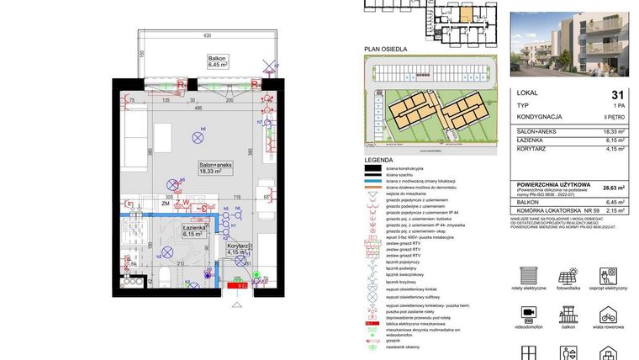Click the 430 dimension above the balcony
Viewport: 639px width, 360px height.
click(205, 36)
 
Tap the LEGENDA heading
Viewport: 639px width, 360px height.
click(378, 159)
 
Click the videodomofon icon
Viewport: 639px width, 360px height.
click(529, 312)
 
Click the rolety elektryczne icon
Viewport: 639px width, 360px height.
click(529, 275)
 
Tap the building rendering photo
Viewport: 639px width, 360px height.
click(573, 44)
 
